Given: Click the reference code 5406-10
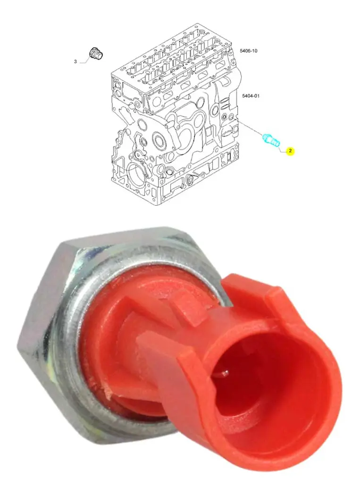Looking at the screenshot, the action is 249,50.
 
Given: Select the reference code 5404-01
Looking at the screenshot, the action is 251,96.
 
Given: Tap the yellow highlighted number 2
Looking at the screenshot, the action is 290,151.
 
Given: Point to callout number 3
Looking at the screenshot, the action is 75,61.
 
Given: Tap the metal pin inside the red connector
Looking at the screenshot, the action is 225,374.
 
